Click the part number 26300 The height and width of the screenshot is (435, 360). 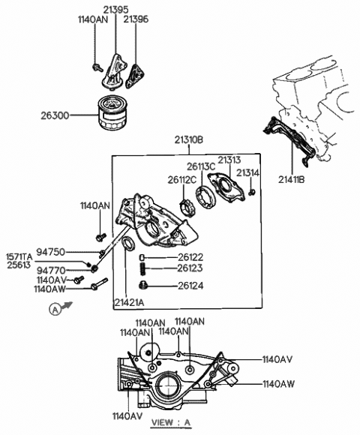(x=58, y=115)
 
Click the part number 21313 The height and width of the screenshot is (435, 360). (x=229, y=160)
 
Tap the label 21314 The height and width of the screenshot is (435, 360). (x=248, y=172)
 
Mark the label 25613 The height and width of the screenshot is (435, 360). (x=19, y=265)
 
